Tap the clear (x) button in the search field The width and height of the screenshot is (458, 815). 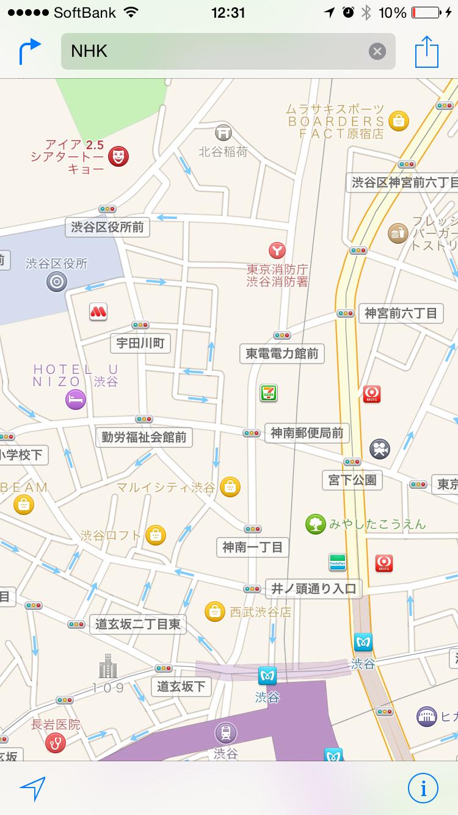(377, 51)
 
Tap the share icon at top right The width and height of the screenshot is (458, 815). (427, 52)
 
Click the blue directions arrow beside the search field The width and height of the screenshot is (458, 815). (29, 51)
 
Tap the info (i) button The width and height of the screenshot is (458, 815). (423, 788)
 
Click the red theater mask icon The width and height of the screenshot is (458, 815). (118, 156)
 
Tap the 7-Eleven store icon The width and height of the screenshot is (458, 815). (268, 393)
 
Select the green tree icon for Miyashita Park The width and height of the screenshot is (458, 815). (315, 524)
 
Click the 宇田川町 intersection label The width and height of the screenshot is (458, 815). (140, 343)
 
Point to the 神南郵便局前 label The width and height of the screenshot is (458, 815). (307, 433)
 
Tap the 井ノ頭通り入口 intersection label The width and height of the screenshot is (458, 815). (313, 589)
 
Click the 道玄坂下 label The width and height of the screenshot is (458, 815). (181, 686)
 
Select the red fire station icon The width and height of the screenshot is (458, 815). (277, 249)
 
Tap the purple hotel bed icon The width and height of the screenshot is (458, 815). (76, 400)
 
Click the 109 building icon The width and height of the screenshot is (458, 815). (108, 667)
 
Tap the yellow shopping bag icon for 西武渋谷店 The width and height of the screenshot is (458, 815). (214, 612)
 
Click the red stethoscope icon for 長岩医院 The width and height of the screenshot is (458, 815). (56, 743)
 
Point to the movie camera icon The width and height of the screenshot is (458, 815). (380, 449)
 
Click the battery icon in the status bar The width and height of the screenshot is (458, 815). (426, 12)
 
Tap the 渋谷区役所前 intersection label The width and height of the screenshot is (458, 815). (107, 227)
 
